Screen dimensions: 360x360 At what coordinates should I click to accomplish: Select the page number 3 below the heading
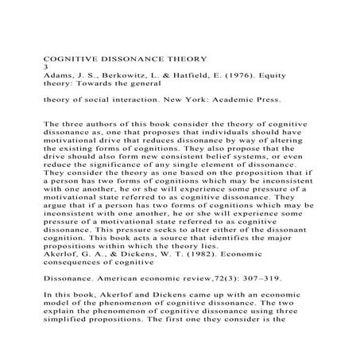(x=45, y=68)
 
